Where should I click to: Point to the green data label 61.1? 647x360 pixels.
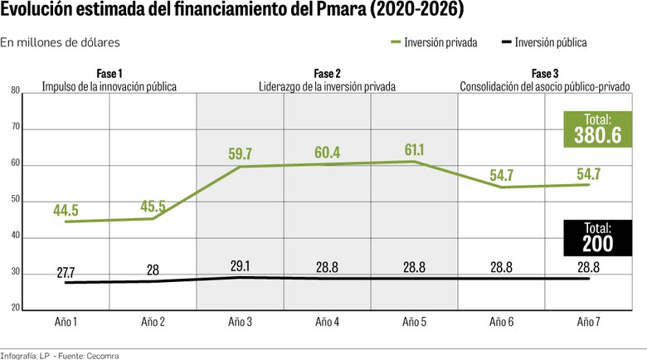[x=414, y=150]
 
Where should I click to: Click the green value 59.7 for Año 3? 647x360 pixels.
[x=240, y=153]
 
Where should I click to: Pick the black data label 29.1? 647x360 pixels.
[x=240, y=266]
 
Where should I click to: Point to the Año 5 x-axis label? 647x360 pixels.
[x=414, y=321]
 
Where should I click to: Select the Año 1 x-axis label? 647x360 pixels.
[x=66, y=321]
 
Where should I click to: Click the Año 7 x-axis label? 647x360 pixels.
[x=588, y=321]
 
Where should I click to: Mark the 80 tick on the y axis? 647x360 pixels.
[x=16, y=91]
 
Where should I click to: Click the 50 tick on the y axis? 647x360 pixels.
[x=16, y=201]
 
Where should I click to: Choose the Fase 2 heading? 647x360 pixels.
[x=327, y=74]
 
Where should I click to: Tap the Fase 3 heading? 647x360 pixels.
[x=545, y=74]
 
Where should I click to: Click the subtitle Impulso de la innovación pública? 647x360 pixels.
[x=109, y=85]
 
